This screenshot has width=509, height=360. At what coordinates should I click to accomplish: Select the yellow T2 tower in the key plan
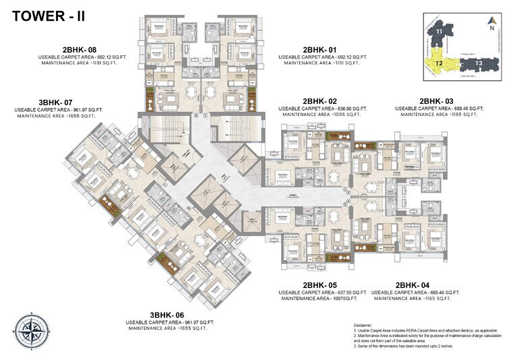tap(439, 63)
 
